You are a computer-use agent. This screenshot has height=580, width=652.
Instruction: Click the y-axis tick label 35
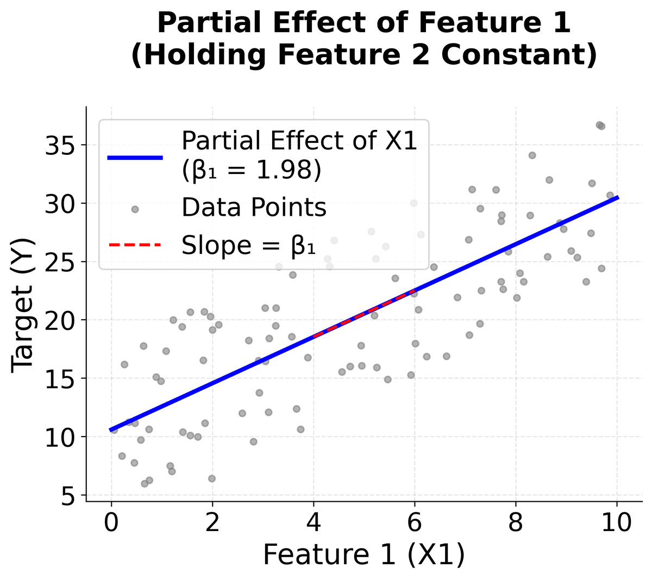59,146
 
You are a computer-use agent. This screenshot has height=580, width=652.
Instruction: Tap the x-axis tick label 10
617,523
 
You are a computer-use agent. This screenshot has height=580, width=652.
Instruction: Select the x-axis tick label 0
111,523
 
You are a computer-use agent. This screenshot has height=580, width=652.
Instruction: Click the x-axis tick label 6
415,523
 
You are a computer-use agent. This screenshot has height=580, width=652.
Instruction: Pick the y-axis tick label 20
59,321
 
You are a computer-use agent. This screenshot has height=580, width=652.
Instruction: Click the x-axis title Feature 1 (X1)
363,555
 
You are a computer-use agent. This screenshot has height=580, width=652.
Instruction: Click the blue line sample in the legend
135,158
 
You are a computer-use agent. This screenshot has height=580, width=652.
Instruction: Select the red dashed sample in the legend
135,246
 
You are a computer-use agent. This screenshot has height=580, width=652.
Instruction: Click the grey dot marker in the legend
135,209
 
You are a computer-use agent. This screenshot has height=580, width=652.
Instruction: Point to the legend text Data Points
254,208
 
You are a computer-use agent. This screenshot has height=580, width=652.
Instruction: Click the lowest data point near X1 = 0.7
145,484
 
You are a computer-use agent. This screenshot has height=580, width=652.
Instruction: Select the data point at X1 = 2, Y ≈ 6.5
212,478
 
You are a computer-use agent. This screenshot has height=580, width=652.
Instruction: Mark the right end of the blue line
617,198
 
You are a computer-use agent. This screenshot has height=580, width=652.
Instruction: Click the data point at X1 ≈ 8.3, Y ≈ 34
532,155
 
